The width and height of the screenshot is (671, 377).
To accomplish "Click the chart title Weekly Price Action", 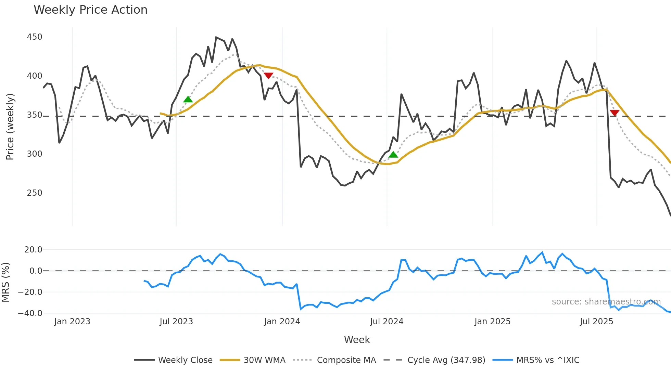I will (x=90, y=10).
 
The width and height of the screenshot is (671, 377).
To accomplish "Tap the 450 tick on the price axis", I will (x=35, y=37).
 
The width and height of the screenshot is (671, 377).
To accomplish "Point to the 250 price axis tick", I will (x=35, y=193).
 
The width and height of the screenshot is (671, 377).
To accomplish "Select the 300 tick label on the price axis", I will (x=35, y=154).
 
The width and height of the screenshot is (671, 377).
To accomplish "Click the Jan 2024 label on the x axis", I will (x=282, y=322).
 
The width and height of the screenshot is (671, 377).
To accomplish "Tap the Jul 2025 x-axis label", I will (x=596, y=322).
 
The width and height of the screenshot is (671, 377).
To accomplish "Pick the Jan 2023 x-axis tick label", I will (x=72, y=322).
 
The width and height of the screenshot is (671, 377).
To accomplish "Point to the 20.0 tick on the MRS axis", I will (x=33, y=250).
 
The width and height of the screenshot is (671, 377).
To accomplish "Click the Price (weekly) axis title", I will (x=10, y=127).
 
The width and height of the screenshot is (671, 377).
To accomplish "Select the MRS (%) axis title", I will (x=5, y=282).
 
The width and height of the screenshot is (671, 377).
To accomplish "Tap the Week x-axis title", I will (x=357, y=340).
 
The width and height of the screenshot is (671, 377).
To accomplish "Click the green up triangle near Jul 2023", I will (x=188, y=100).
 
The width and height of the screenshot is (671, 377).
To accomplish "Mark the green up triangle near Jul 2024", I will (x=393, y=155).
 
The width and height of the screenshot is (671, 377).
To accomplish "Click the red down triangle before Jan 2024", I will (x=268, y=76).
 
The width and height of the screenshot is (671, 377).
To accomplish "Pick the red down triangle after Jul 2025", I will (x=615, y=113).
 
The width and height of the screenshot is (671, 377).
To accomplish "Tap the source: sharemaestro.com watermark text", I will (x=606, y=302).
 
